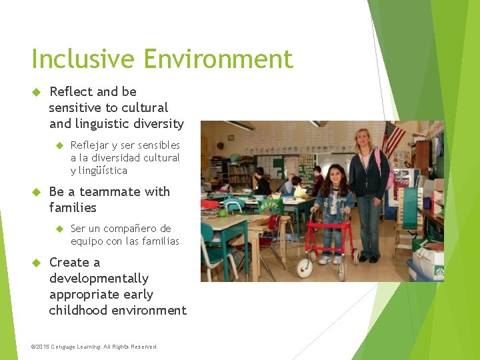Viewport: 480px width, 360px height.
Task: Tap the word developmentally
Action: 99,278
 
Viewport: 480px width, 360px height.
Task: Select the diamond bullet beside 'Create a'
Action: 37,263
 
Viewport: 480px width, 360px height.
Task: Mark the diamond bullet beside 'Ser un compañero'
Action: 59,229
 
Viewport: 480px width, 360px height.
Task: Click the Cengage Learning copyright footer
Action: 95,347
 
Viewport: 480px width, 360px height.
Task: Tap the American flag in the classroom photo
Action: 393,137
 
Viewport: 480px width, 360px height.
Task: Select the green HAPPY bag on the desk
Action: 271,206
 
